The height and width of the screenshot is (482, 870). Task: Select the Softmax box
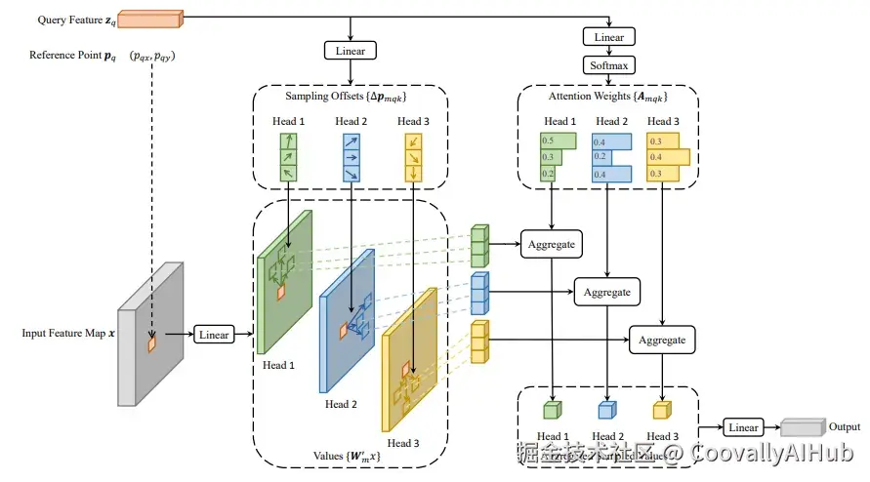click(x=609, y=65)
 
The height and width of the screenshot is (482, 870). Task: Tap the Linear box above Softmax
click(x=609, y=37)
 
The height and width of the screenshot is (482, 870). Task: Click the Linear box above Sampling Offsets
click(x=350, y=49)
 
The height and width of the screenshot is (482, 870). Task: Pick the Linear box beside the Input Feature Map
click(x=214, y=335)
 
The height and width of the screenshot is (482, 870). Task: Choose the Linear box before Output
click(x=743, y=427)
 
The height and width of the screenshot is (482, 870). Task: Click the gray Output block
click(x=801, y=427)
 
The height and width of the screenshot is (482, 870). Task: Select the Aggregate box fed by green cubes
click(x=552, y=244)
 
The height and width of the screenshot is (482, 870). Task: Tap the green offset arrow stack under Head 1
click(x=287, y=157)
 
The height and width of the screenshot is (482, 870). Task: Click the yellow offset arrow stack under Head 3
click(x=414, y=157)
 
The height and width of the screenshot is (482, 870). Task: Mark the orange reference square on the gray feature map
click(x=151, y=343)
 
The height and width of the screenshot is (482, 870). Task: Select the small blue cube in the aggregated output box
click(x=606, y=410)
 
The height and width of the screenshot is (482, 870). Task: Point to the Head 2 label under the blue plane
click(x=342, y=404)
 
